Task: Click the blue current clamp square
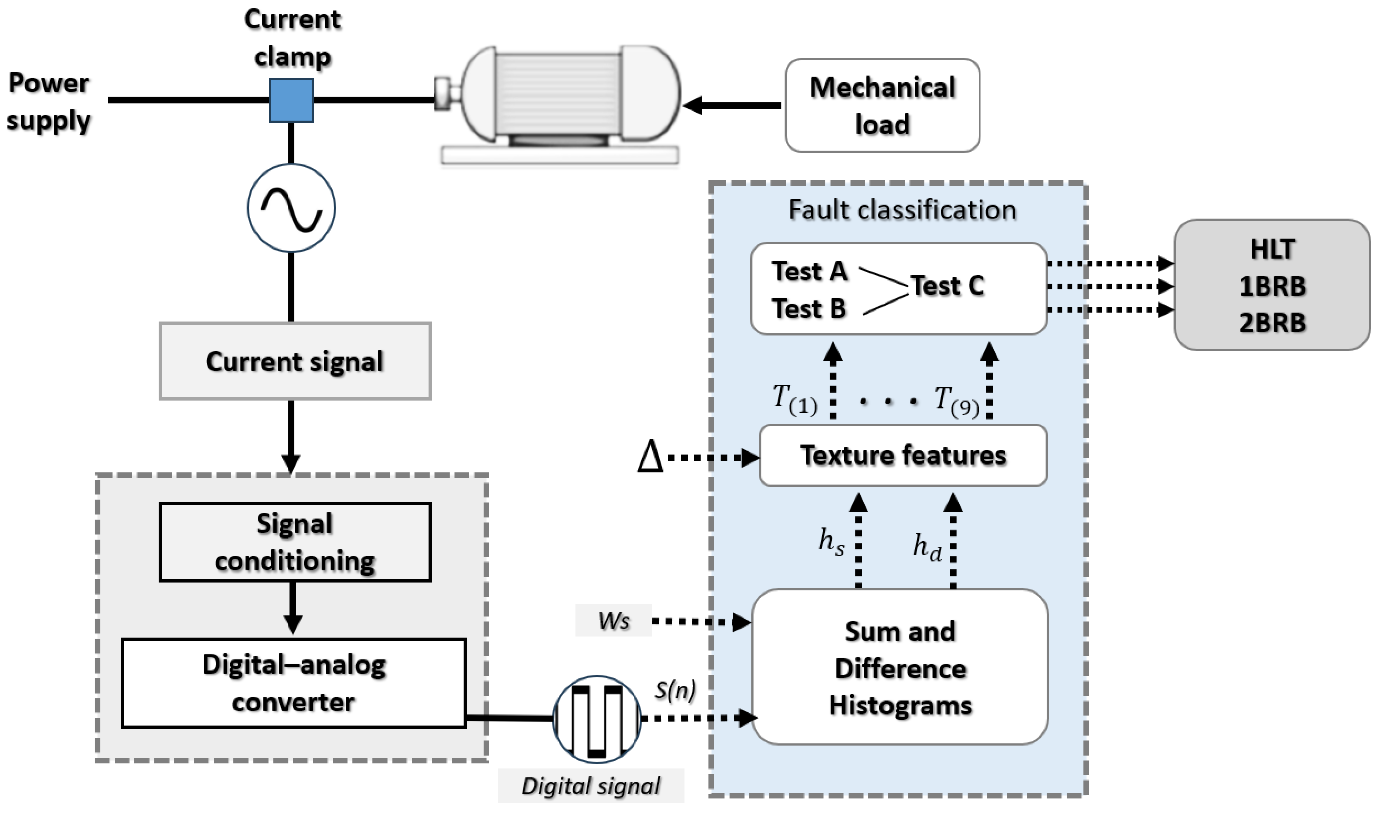pos(291,100)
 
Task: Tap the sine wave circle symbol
pos(291,208)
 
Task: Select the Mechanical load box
pos(882,106)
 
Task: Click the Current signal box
pos(295,361)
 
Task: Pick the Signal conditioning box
pos(295,542)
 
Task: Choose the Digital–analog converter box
pos(294,683)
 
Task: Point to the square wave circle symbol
pos(597,718)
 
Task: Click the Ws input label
pos(613,621)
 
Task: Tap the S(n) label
pos(675,690)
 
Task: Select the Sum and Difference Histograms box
pos(900,668)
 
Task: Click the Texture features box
pos(903,455)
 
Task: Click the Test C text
pos(947,286)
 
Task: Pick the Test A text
pos(809,272)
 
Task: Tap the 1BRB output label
pos(1272,286)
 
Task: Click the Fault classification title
pos(902,210)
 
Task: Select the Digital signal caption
pos(591,786)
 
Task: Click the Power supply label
pos(49,102)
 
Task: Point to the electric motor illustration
pos(559,102)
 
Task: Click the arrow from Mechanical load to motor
pos(732,105)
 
